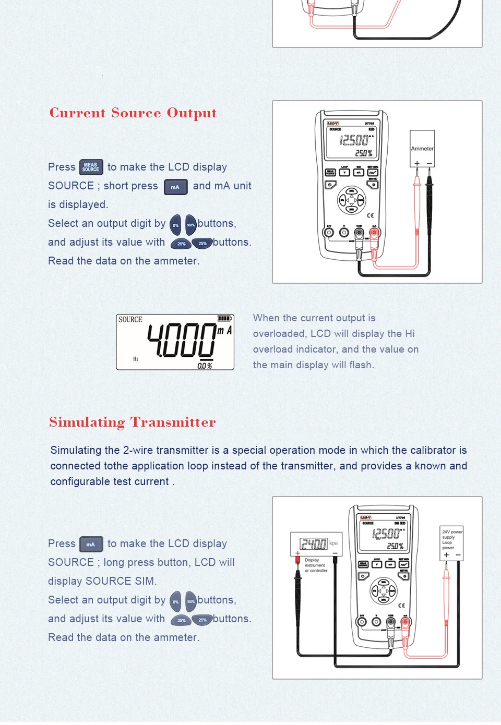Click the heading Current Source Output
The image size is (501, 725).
tap(133, 113)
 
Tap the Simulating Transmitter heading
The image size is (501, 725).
tap(133, 422)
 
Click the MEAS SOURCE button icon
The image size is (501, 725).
tap(91, 167)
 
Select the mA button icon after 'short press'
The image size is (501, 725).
tap(175, 187)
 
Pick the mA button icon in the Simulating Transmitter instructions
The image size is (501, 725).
tap(91, 544)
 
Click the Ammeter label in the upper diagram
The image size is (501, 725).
tap(422, 149)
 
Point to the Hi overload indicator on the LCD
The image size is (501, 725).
tap(136, 359)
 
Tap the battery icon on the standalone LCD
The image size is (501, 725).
tap(224, 318)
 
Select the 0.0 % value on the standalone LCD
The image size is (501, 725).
tap(205, 366)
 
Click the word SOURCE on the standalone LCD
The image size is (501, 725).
tap(130, 319)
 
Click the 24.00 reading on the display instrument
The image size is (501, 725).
tap(313, 544)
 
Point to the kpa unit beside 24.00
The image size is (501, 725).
tap(333, 543)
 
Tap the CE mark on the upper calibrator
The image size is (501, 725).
tap(370, 215)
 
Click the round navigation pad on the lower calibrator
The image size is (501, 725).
tap(384, 591)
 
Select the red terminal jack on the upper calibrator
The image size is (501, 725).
tap(374, 232)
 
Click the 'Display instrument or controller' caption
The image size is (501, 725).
tap(316, 565)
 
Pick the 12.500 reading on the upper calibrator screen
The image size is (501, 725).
tap(354, 140)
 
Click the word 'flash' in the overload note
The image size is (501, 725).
tap(361, 365)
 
